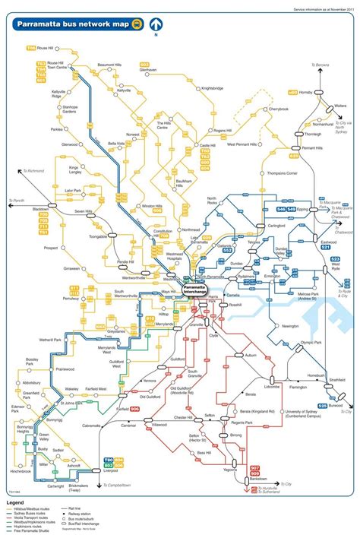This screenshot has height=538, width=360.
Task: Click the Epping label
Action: point(302,207)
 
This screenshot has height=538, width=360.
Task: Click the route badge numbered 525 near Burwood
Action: point(322,405)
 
